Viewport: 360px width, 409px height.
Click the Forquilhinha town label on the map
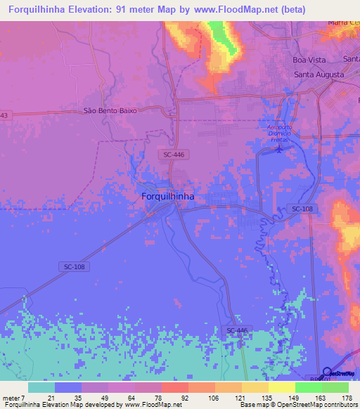pyautogui.click(x=168, y=197)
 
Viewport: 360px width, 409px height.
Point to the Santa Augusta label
pyautogui.click(x=319, y=74)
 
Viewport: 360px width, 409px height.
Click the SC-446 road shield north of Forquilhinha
pyautogui.click(x=174, y=154)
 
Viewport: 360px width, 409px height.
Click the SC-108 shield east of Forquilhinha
pyautogui.click(x=302, y=209)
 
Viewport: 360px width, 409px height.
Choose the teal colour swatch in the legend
pyautogui.click(x=41, y=387)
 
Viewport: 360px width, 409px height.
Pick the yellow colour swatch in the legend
pyautogui.click(x=282, y=387)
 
